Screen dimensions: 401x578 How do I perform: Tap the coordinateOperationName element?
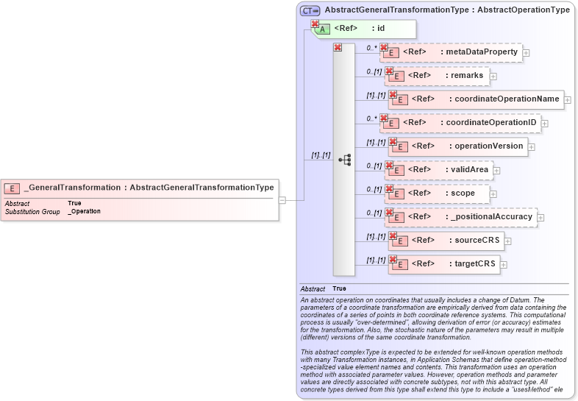point(475,99)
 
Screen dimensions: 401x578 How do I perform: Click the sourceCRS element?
point(445,241)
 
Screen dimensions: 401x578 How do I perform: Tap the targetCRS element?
point(444,264)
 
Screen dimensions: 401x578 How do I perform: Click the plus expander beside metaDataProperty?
point(526,53)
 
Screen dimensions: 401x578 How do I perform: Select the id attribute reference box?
point(365,29)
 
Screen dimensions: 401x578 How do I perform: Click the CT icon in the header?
point(310,10)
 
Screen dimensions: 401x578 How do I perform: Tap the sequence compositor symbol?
point(344,160)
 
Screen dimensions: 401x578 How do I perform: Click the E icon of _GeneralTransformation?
point(12,188)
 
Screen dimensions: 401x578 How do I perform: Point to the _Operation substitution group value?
point(84,211)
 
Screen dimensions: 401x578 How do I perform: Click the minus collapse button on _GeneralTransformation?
point(282,199)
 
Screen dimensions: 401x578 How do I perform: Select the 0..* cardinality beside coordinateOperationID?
point(371,118)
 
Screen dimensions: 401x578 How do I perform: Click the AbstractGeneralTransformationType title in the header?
point(446,10)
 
